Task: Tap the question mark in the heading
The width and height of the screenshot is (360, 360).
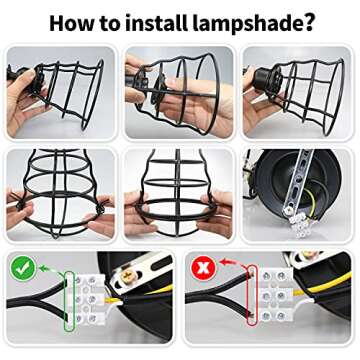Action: tap(307, 22)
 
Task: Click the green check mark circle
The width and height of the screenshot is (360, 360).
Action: tap(23, 269)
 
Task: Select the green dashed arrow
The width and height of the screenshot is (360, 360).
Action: tap(50, 269)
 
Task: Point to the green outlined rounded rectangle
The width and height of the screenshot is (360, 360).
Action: tap(68, 301)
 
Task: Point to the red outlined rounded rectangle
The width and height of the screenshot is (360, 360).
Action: tap(252, 295)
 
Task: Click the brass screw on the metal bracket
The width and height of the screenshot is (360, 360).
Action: tap(127, 275)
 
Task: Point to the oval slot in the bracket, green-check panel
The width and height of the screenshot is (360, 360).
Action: tap(158, 263)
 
